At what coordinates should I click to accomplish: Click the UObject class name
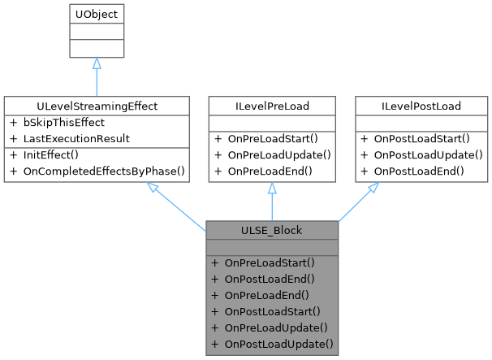click(x=96, y=15)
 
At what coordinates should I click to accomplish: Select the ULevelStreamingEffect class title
click(x=96, y=106)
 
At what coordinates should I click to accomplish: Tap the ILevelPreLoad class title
click(x=272, y=106)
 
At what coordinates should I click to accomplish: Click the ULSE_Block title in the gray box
click(x=272, y=230)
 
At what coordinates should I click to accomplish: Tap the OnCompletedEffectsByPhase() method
click(x=97, y=171)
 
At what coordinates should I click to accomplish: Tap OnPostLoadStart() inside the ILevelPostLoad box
click(x=418, y=138)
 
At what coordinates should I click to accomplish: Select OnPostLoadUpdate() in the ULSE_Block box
click(x=272, y=344)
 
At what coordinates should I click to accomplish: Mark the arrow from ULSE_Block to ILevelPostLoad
click(x=357, y=203)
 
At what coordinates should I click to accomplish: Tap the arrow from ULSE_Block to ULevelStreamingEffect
click(x=179, y=203)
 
